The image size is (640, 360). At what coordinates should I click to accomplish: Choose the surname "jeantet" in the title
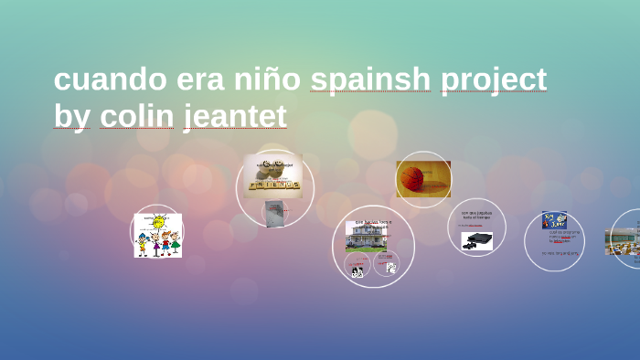coord(235,118)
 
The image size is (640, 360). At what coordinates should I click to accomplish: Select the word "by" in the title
coord(71,118)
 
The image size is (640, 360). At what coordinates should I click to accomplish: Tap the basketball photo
coord(423,178)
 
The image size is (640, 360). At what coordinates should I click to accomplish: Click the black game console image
coord(476,240)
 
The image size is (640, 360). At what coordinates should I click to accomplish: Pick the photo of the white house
coord(366,237)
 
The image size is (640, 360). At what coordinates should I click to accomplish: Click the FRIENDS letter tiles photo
coord(273,175)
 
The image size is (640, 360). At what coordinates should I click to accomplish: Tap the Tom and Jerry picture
coord(554,220)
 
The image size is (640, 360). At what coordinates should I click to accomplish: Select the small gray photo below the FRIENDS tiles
coord(274,213)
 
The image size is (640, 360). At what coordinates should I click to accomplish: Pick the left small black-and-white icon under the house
coord(357,270)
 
